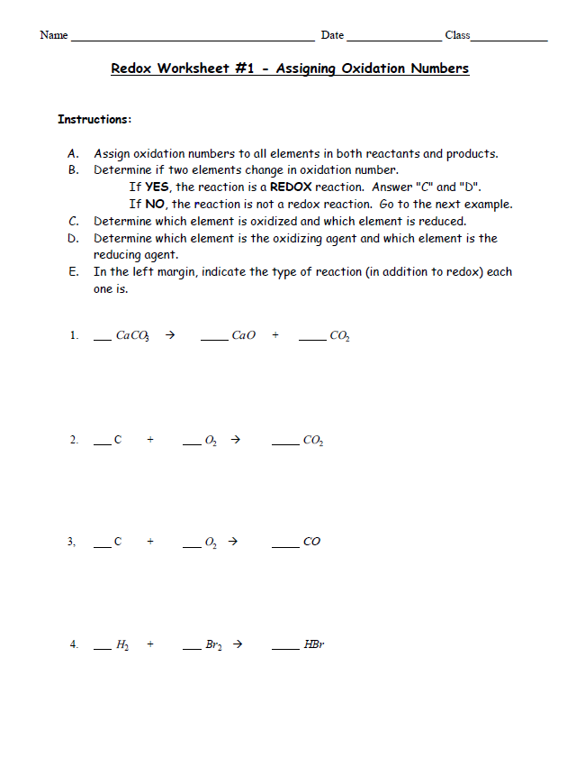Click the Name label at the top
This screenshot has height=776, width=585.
tap(54, 35)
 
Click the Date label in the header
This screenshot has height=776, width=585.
tap(332, 35)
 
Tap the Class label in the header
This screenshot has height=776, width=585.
tap(457, 35)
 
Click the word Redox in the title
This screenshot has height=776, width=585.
tap(131, 68)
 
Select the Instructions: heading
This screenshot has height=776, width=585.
tap(94, 119)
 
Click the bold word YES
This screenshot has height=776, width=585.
tap(158, 187)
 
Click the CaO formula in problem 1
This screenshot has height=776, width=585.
tap(243, 336)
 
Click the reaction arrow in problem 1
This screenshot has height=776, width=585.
tap(168, 335)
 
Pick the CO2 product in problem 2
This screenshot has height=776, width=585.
tap(313, 441)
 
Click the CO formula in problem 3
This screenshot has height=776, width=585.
tap(311, 543)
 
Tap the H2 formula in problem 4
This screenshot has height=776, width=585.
tap(123, 645)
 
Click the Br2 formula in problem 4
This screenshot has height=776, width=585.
tap(213, 645)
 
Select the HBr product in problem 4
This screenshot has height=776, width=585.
tap(314, 645)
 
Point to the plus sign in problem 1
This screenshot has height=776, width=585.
tap(275, 335)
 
